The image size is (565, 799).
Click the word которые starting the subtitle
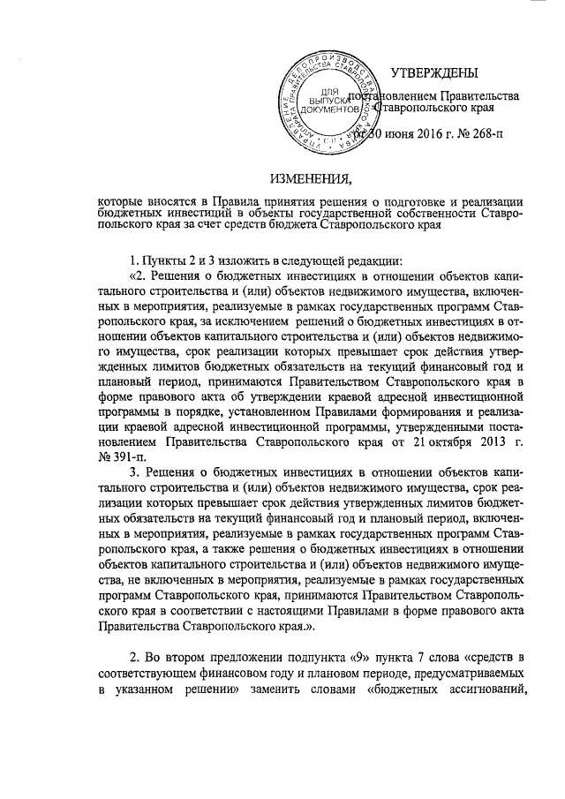click(125, 201)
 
